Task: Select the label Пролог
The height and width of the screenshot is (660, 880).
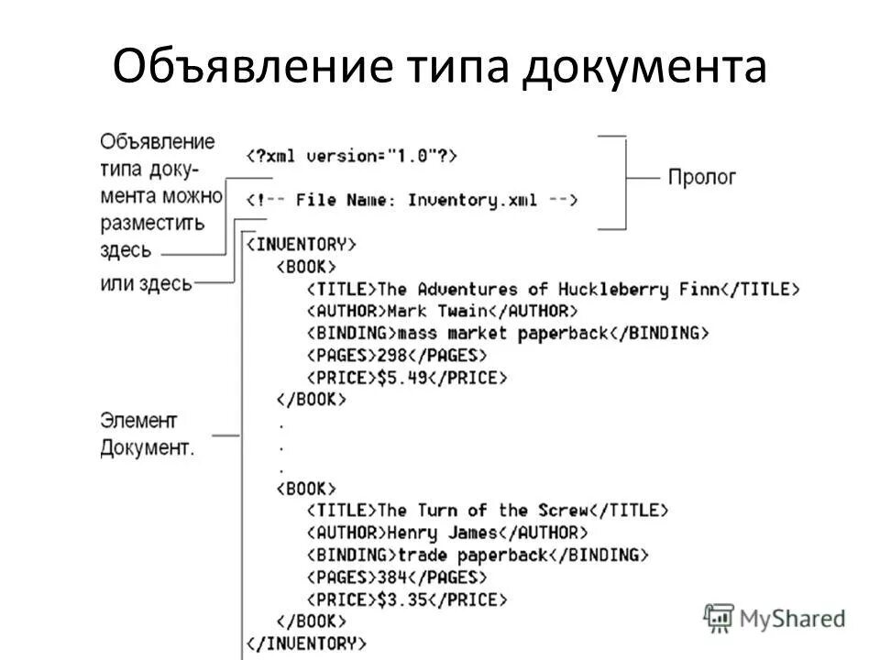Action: click(x=701, y=177)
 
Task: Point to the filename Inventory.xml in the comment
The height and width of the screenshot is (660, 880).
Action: click(x=472, y=200)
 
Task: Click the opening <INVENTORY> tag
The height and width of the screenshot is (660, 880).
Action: click(x=301, y=245)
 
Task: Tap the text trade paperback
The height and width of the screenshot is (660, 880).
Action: click(x=471, y=555)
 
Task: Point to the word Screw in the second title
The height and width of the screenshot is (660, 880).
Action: click(x=560, y=511)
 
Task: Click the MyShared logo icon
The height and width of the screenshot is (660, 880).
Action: click(x=718, y=618)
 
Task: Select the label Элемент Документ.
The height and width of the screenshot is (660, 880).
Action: click(x=147, y=434)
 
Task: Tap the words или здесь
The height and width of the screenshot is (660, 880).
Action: click(x=146, y=283)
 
